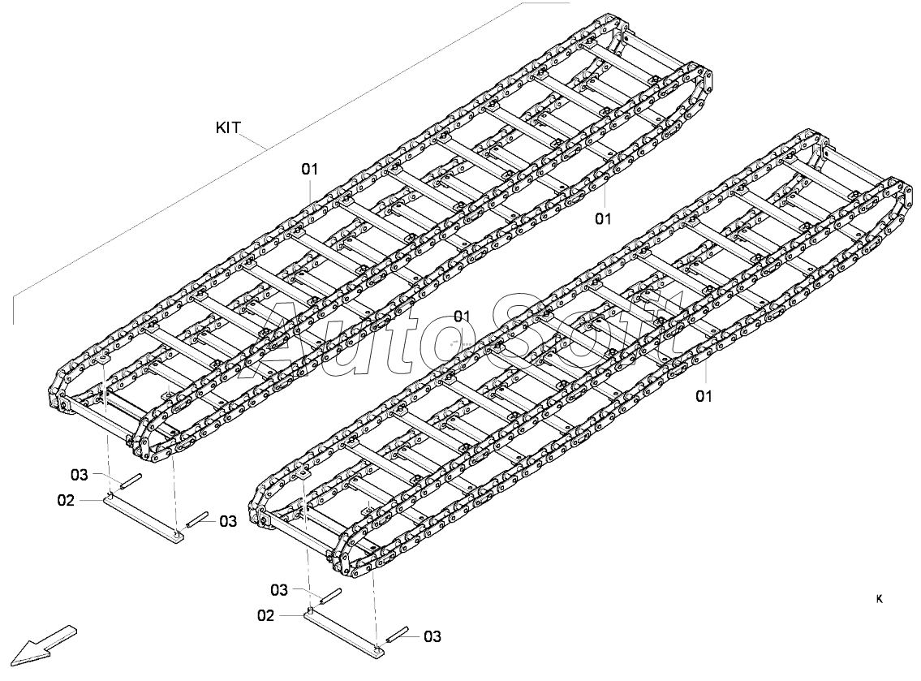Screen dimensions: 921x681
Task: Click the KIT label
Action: (228, 127)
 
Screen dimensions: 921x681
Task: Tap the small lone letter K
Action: (880, 599)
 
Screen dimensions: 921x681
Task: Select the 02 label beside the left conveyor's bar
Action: (67, 500)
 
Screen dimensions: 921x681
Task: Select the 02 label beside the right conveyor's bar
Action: (266, 615)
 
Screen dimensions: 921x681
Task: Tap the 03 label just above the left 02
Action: (80, 474)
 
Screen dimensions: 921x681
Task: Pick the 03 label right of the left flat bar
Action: (228, 520)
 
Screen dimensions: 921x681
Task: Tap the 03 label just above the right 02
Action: (280, 589)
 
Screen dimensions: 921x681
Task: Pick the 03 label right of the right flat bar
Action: (432, 636)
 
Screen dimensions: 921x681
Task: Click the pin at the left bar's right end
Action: (197, 520)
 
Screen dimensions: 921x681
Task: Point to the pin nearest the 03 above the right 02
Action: (332, 596)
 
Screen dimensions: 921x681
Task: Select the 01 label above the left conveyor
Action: (309, 169)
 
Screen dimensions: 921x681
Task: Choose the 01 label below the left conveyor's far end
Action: (603, 218)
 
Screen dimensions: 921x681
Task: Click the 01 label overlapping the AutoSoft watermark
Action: (463, 316)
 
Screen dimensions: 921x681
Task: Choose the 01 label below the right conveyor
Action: (704, 396)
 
